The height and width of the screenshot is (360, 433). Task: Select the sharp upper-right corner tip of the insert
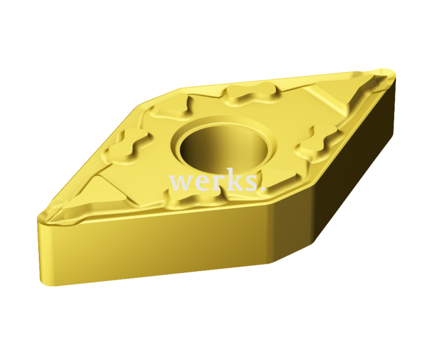pos(392,74)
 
